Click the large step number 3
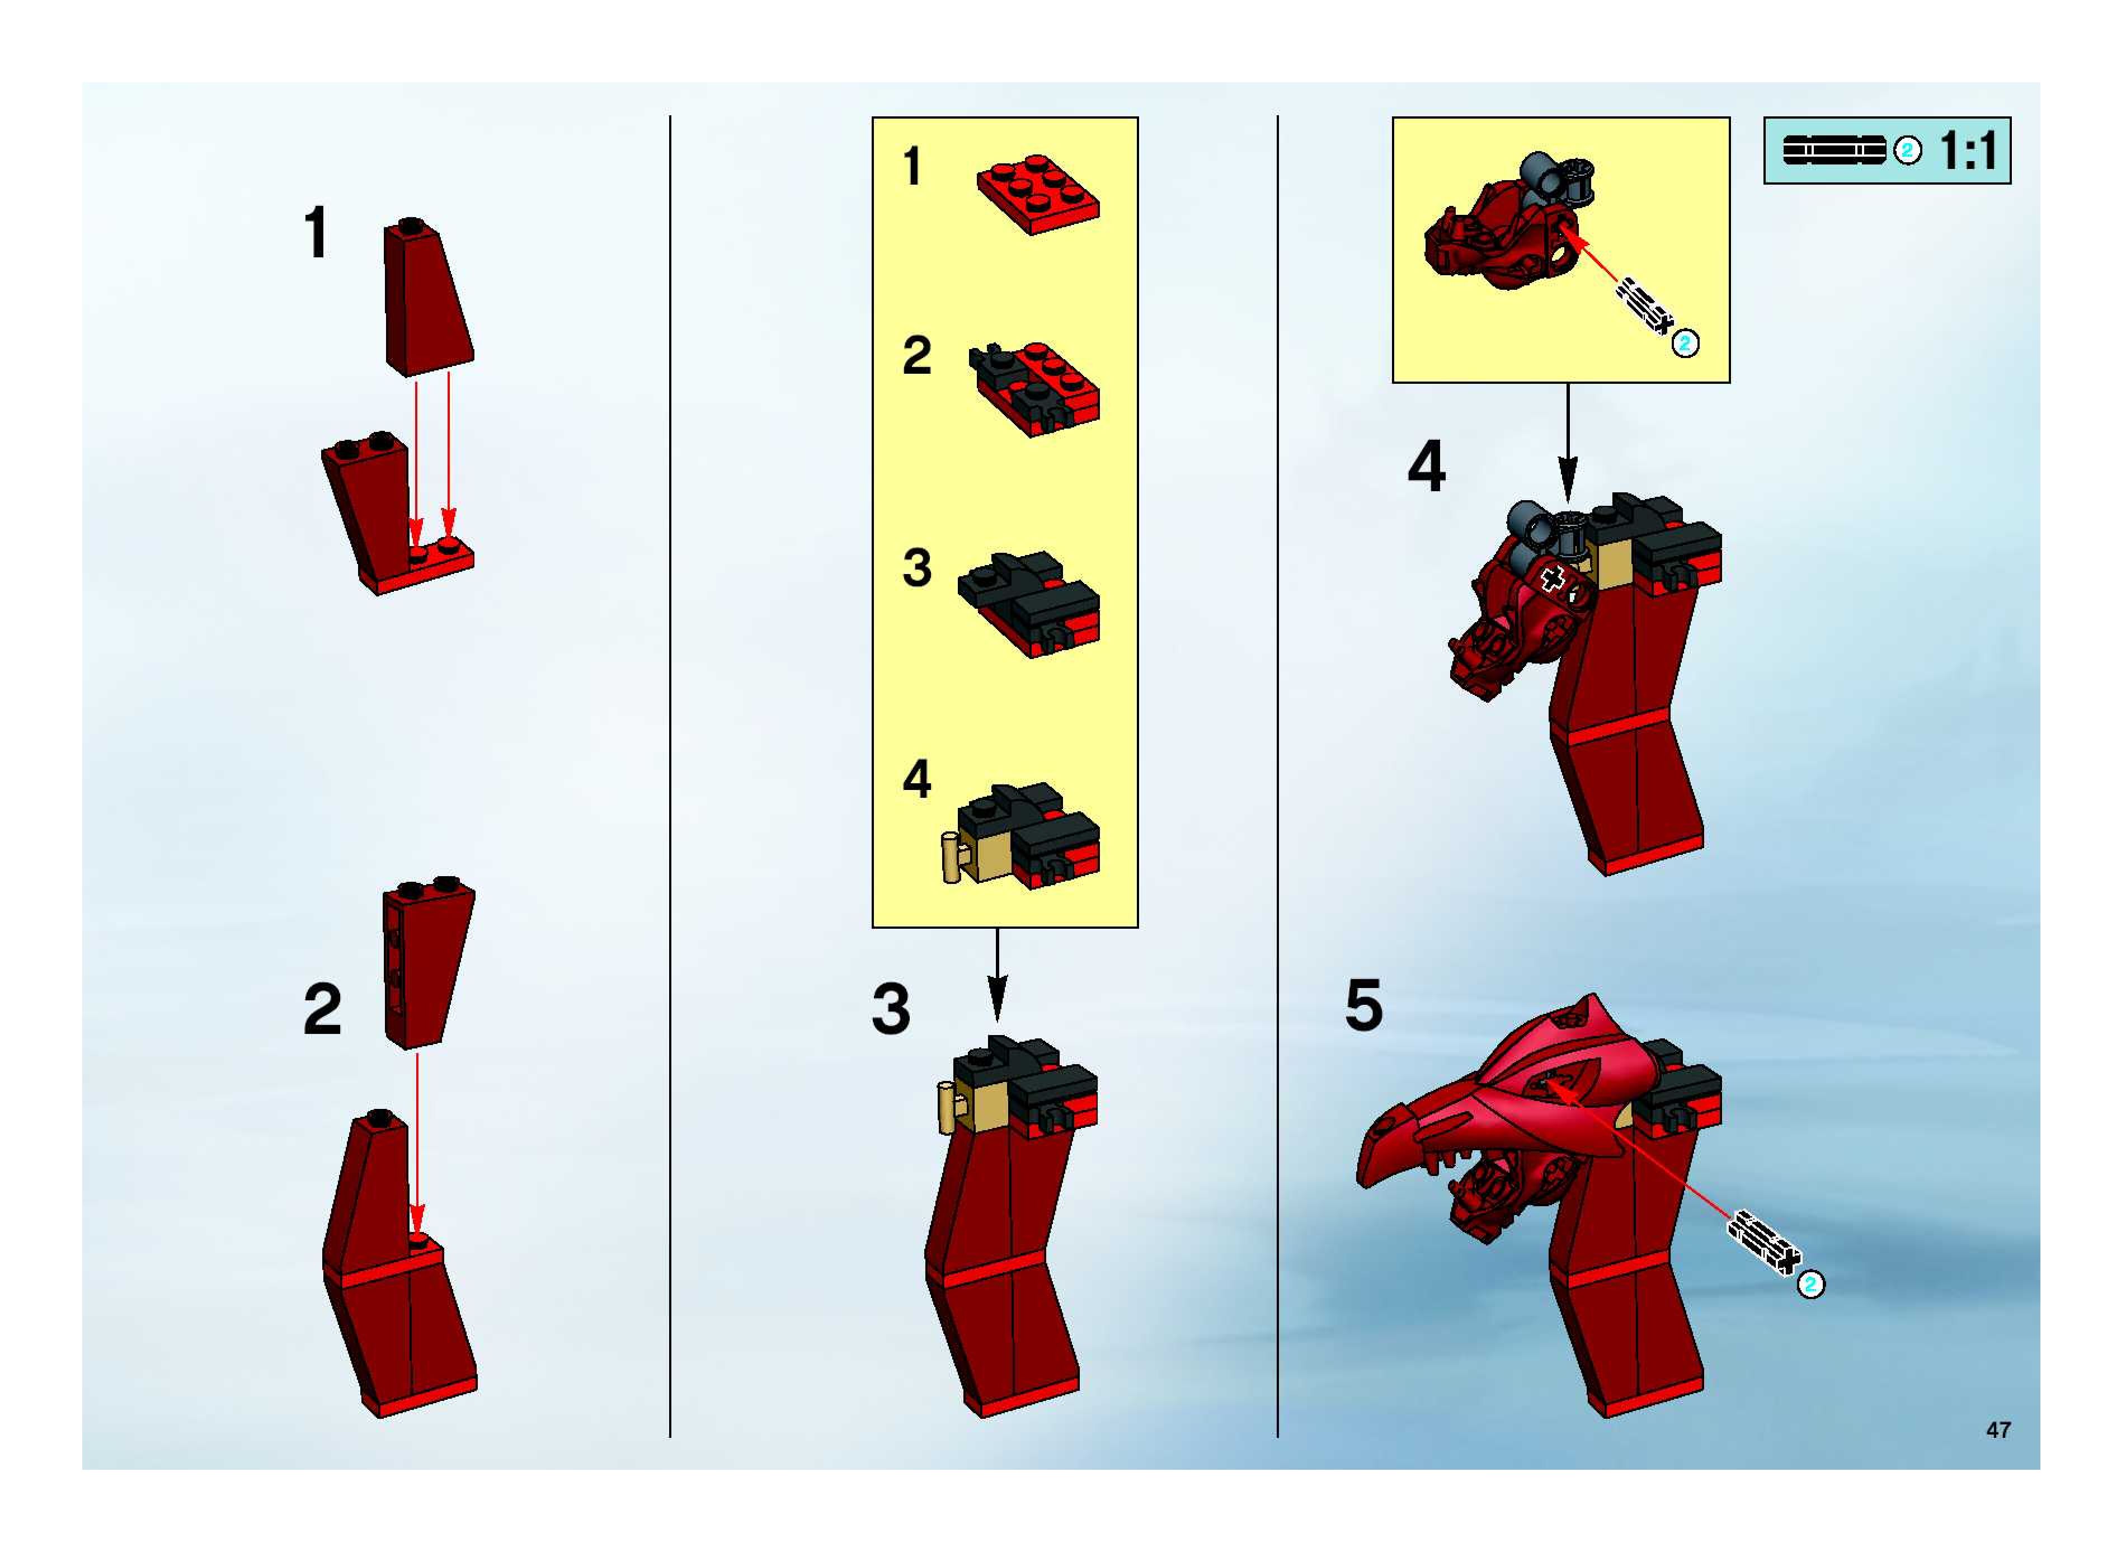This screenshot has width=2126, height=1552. coord(891,1009)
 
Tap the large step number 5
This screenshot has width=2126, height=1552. coord(1364,1004)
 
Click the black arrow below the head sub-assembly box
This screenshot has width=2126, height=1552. coord(1567,441)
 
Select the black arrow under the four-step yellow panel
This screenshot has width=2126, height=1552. coord(997,974)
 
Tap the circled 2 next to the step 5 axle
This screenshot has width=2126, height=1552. coord(1810,1284)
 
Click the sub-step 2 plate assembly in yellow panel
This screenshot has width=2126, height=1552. coord(1034,388)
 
